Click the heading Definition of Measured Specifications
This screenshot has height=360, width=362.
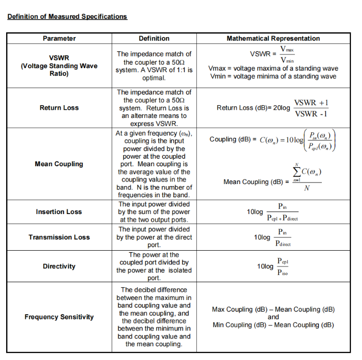pyautogui.click(x=67, y=16)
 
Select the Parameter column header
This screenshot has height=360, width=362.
pyautogui.click(x=59, y=38)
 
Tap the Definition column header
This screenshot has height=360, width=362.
pyautogui.click(x=154, y=38)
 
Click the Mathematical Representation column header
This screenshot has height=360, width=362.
pyautogui.click(x=273, y=38)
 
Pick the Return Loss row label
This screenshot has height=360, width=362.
pyautogui.click(x=59, y=108)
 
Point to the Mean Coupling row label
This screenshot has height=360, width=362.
pyautogui.click(x=59, y=164)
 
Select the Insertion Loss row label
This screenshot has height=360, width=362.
pyautogui.click(x=59, y=212)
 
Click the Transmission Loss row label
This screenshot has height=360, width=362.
pyautogui.click(x=59, y=237)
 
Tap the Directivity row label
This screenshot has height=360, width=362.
pyautogui.click(x=59, y=266)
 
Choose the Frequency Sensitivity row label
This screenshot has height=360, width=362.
pyautogui.click(x=59, y=317)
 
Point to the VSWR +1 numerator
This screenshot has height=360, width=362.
pyautogui.click(x=311, y=103)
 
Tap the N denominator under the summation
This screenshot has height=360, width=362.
pyautogui.click(x=306, y=189)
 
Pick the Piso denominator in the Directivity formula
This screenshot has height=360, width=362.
pyautogui.click(x=283, y=273)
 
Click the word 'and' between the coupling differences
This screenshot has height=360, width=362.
pyautogui.click(x=273, y=317)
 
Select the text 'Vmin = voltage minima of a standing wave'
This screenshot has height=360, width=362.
pyautogui.click(x=273, y=77)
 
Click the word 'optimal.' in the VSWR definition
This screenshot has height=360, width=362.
pyautogui.click(x=154, y=78)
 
